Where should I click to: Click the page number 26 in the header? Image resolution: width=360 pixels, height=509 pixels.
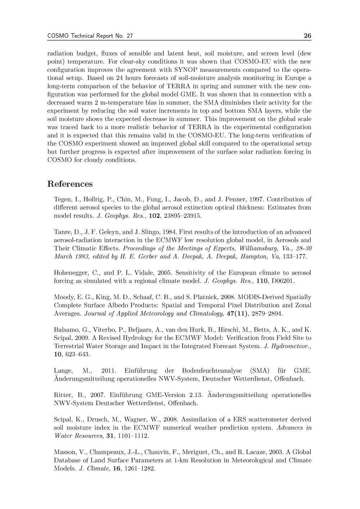coord(307,36)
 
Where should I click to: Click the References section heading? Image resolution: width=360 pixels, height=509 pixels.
coord(70,184)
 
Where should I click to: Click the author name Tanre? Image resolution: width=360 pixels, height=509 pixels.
coord(62,232)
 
